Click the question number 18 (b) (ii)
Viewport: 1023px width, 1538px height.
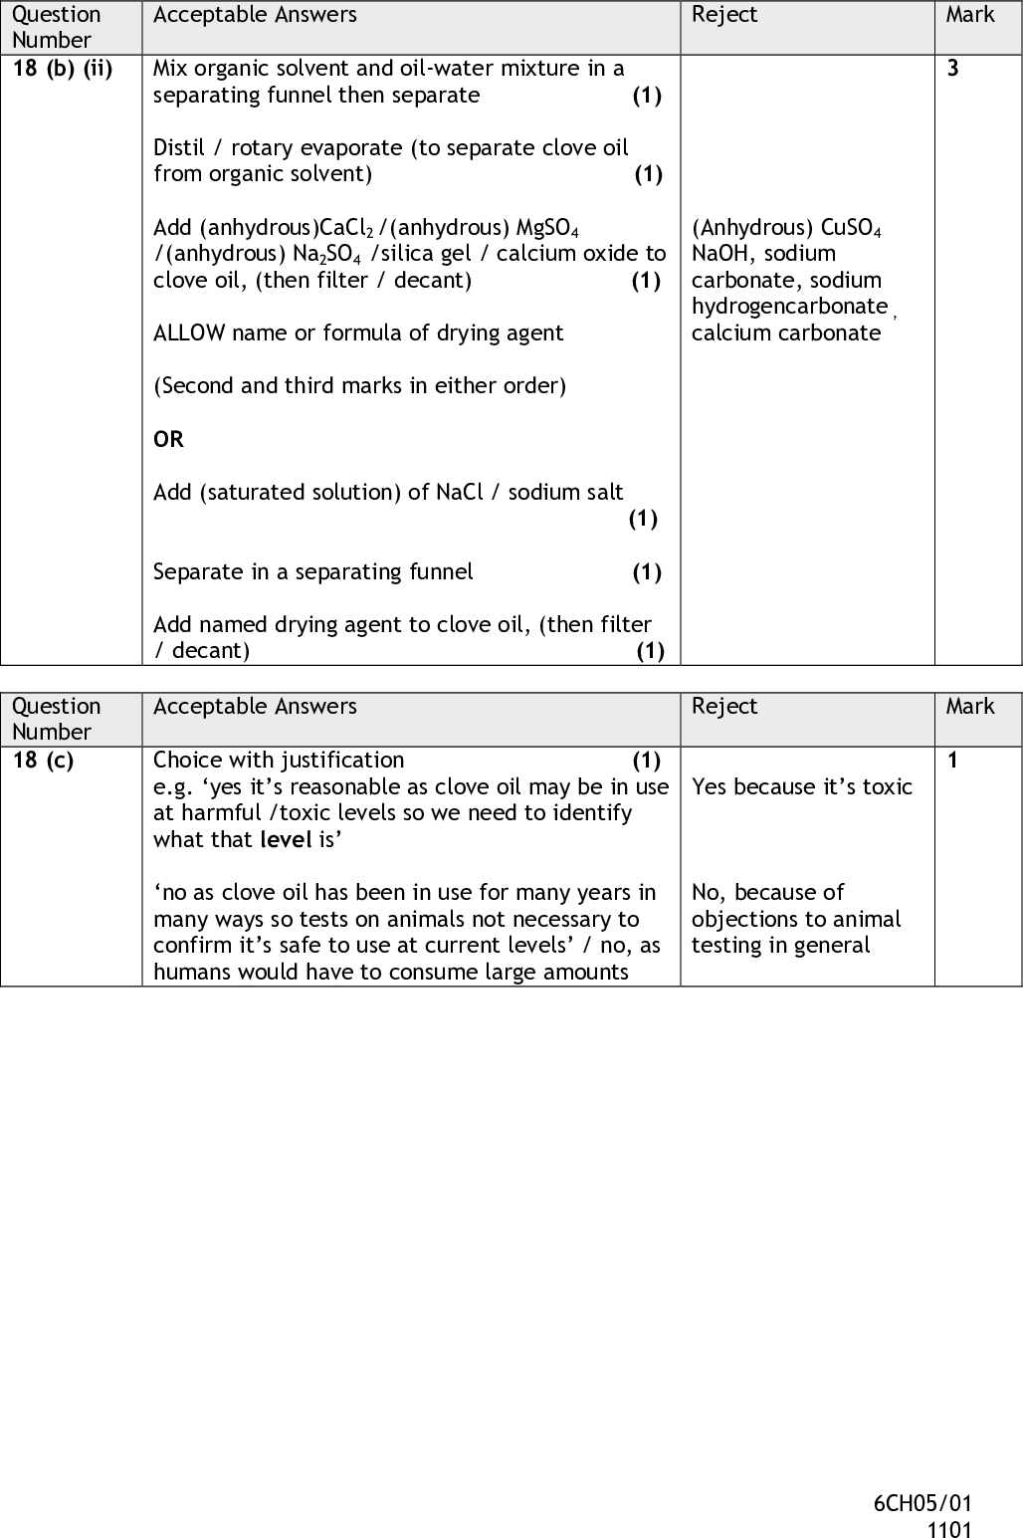[62, 69]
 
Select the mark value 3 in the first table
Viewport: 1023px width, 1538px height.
[953, 69]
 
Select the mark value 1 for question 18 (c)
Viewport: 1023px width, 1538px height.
[952, 761]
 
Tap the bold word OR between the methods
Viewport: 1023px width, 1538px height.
[168, 439]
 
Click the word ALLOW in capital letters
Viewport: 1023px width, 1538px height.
[189, 333]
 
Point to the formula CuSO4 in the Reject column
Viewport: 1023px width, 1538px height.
[851, 228]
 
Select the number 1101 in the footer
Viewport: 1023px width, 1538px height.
[949, 1529]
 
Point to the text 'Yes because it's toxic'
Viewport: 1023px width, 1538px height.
[802, 786]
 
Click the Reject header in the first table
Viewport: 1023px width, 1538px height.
[724, 15]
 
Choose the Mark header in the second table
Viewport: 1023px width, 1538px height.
[970, 707]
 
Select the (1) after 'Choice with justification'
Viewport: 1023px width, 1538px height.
[647, 761]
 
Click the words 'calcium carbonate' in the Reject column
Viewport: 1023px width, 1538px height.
[786, 333]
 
